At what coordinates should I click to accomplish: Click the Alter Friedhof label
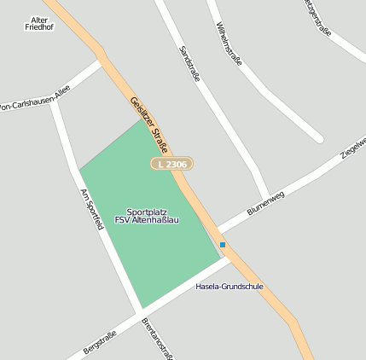[x=39, y=23]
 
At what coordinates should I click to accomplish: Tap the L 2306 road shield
[x=171, y=163]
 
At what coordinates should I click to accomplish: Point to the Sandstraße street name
[x=189, y=65]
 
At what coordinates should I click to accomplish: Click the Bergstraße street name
[x=99, y=339]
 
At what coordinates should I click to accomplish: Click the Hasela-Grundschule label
[x=229, y=286]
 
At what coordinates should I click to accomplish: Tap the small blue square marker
[x=223, y=245]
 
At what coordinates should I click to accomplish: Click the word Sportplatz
[x=146, y=212]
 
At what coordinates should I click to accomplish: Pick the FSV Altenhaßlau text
[x=147, y=220]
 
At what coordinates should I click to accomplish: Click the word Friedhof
[x=39, y=27]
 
